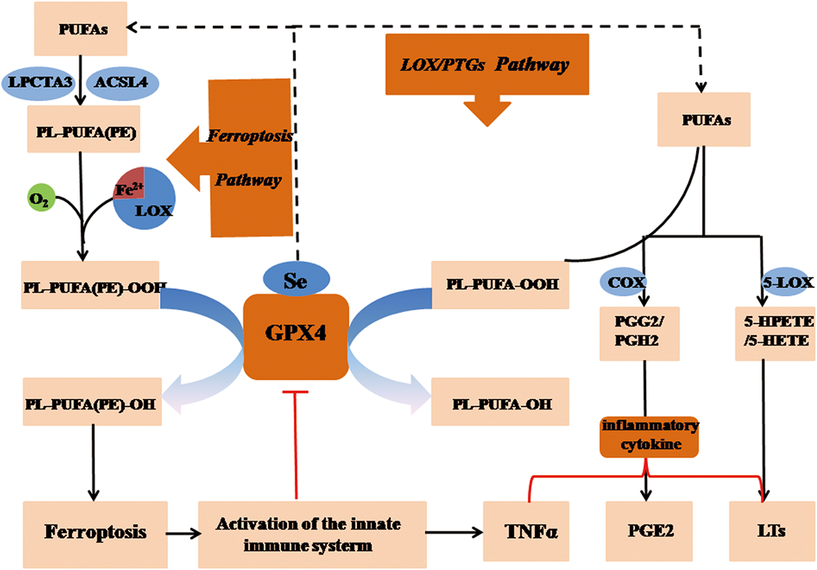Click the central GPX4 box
(296, 337)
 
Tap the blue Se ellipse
(296, 281)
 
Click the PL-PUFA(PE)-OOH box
(90, 285)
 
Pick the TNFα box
(526, 532)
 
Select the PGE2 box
(648, 532)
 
